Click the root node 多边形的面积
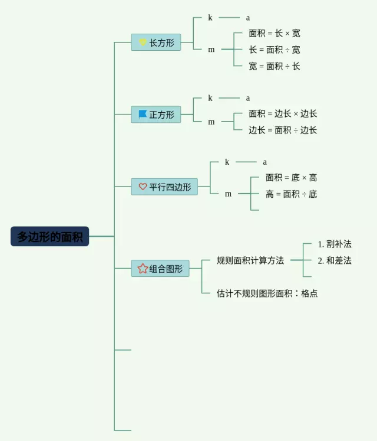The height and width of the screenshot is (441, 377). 49,236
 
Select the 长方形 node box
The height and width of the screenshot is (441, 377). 156,42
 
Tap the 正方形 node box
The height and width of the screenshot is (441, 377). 156,115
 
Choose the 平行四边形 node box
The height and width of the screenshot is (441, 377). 164,187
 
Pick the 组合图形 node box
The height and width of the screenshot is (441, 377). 160,268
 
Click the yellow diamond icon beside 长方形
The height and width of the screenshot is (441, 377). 143,42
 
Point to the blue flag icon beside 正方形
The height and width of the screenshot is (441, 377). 143,114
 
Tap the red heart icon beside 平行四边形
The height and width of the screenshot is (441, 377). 143,187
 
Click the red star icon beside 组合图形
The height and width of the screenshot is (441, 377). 143,268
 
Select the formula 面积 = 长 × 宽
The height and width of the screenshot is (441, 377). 275,34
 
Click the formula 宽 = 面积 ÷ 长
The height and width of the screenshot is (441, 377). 275,66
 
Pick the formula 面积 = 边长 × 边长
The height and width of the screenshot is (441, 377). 283,113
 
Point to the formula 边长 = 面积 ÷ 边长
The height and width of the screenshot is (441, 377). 283,130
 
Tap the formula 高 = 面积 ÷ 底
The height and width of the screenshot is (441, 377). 291,194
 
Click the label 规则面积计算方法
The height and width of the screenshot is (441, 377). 250,260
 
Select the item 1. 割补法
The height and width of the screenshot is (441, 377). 335,244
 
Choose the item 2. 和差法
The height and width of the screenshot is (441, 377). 335,260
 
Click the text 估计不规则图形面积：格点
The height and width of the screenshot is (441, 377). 267,293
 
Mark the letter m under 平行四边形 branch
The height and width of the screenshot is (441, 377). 228,194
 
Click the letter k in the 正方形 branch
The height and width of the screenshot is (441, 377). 210,98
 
